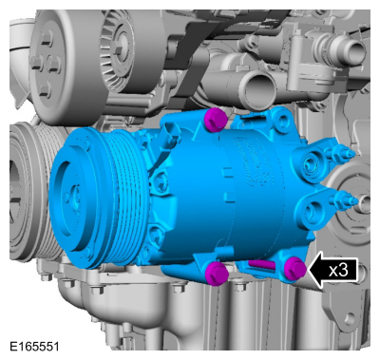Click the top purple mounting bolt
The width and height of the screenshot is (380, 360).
216,119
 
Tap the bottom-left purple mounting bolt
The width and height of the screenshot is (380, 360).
217,273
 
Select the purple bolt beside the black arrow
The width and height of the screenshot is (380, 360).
294,269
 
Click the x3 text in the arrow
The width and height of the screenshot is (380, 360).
338,270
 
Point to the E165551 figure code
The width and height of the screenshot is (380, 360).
34,346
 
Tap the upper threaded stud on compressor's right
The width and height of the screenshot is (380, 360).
344,154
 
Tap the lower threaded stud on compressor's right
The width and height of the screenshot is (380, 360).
345,199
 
